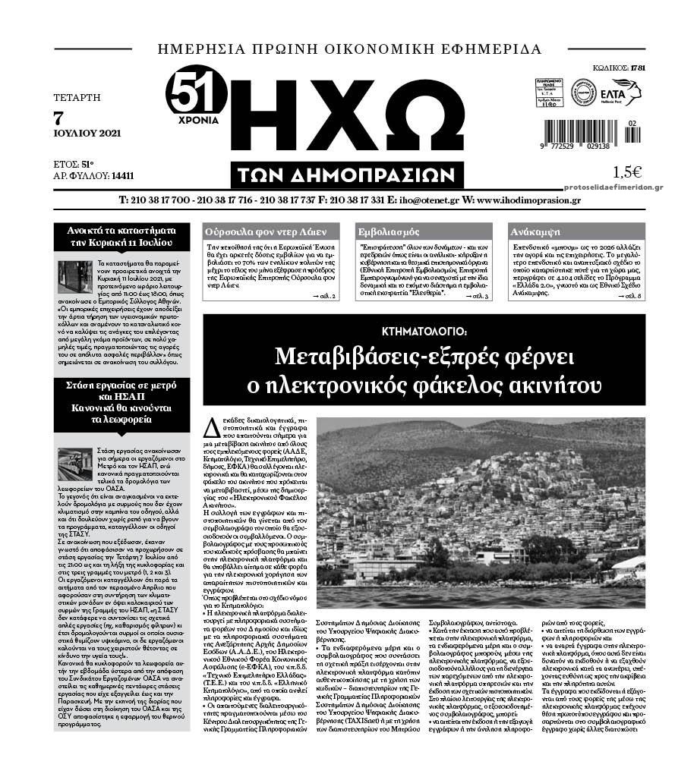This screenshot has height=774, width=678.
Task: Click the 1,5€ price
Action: click(627, 171)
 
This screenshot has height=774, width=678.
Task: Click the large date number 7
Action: click(59, 117)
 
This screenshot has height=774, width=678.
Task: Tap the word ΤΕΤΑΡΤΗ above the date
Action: click(77, 97)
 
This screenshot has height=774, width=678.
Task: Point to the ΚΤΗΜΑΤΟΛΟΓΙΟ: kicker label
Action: click(436, 331)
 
